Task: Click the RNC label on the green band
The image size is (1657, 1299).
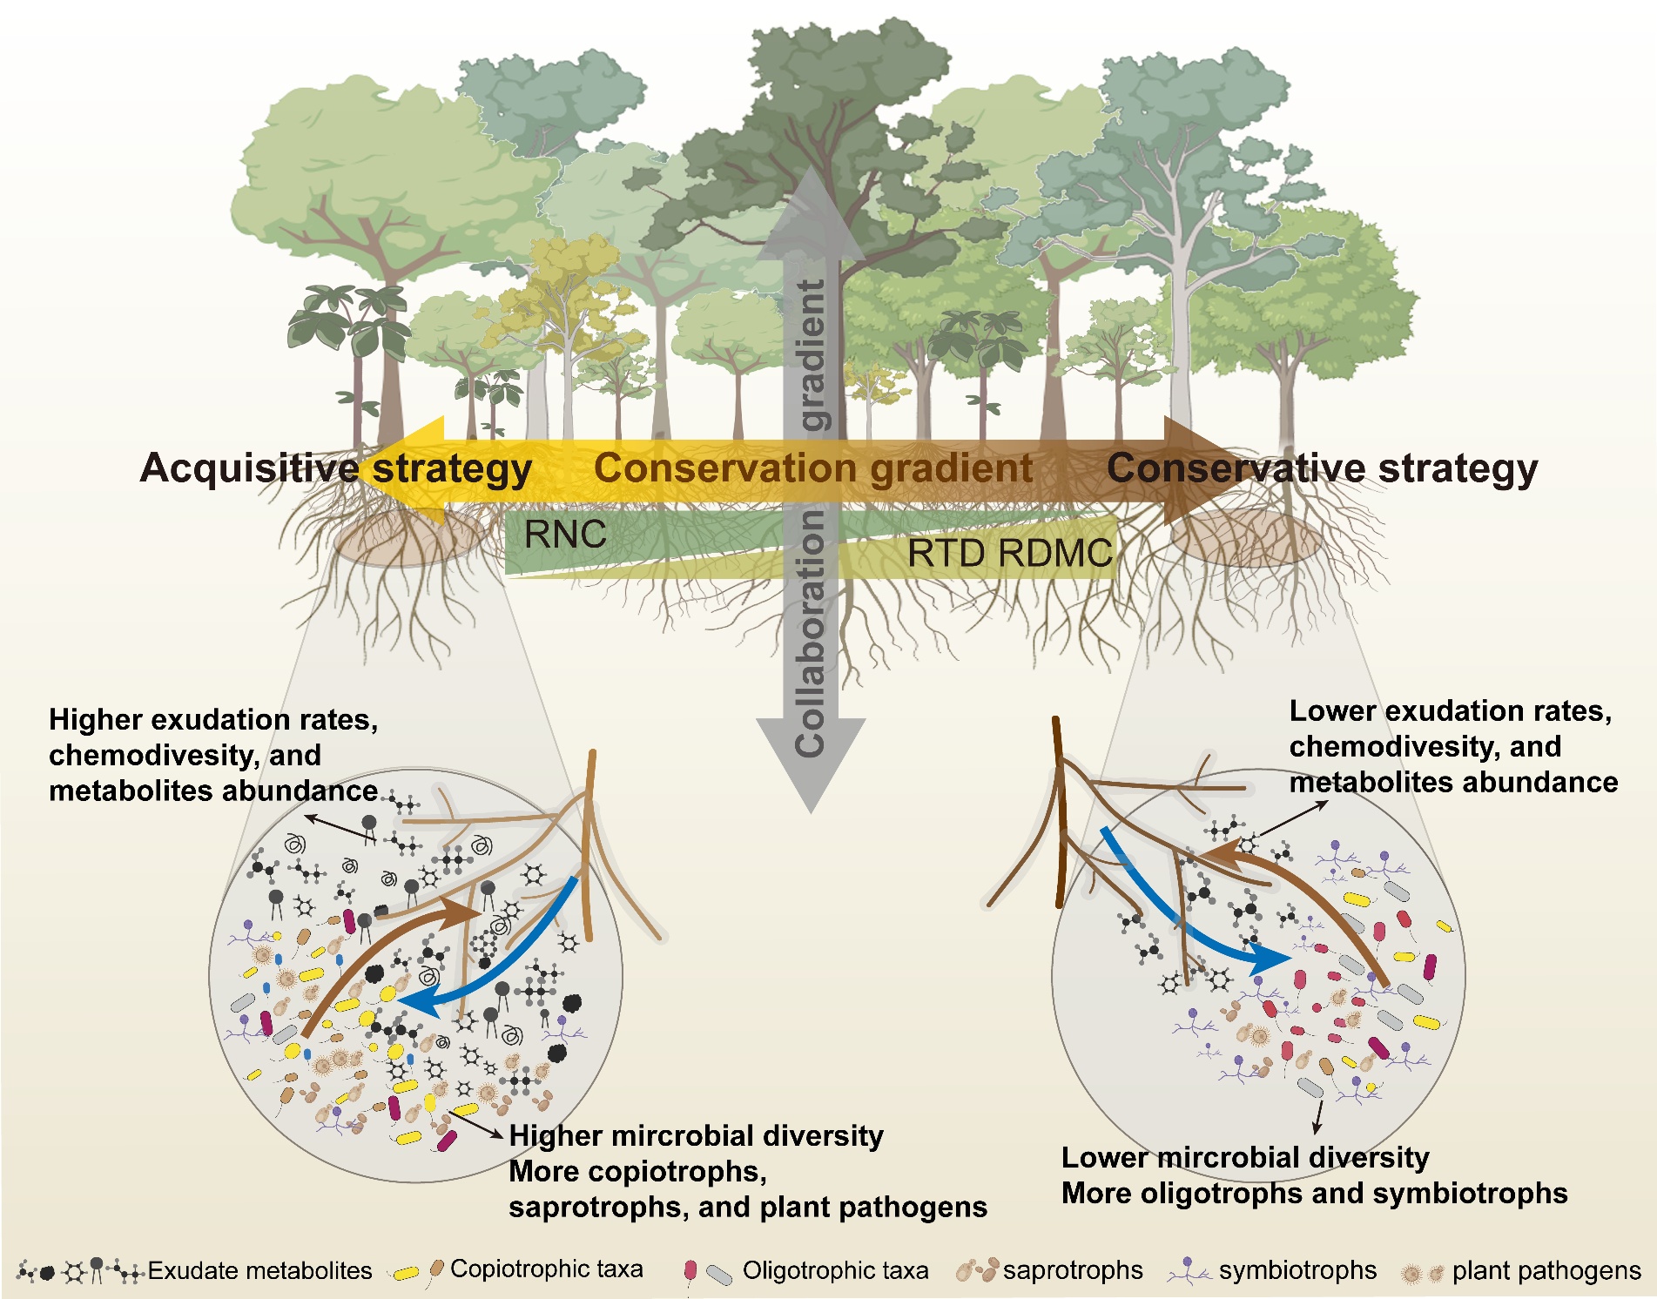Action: click(565, 535)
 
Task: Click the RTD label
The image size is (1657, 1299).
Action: click(947, 554)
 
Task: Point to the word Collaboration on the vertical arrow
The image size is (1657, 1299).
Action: click(811, 633)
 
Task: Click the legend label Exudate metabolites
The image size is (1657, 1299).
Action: click(259, 1271)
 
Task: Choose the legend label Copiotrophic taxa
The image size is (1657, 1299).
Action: click(546, 1269)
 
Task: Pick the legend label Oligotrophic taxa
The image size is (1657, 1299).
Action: click(835, 1271)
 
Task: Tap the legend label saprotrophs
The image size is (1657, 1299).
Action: click(1073, 1271)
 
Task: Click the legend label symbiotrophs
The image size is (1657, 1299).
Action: click(1297, 1271)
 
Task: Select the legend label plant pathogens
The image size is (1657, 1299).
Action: click(1546, 1271)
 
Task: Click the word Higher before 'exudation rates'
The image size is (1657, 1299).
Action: click(94, 720)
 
